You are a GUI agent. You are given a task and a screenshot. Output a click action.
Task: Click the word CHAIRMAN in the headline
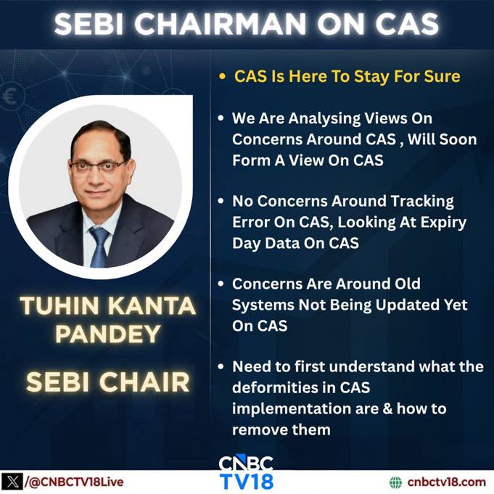click(x=221, y=24)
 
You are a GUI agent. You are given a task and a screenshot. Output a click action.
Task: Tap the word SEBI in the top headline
click(x=88, y=24)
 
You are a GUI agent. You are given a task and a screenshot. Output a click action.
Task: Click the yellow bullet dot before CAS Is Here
click(x=223, y=77)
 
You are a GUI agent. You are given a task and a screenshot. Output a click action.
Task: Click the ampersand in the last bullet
click(x=388, y=408)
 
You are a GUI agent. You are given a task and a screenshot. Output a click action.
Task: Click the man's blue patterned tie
click(x=99, y=247)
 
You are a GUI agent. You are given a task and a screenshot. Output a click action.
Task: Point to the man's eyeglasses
click(x=97, y=168)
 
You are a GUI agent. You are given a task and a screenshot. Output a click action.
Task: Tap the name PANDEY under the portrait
click(x=108, y=334)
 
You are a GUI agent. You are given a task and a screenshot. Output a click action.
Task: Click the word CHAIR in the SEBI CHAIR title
click(x=144, y=382)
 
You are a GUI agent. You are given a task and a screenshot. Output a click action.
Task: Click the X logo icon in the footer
click(x=12, y=482)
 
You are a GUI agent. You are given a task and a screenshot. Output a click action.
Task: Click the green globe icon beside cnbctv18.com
click(x=395, y=482)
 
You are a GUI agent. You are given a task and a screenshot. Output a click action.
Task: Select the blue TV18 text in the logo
click(x=247, y=482)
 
